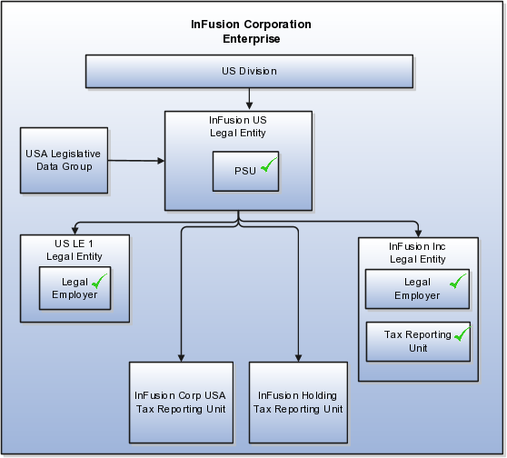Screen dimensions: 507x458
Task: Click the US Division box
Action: click(249, 71)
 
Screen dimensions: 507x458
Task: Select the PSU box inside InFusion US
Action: click(245, 171)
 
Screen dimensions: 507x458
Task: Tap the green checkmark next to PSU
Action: click(269, 165)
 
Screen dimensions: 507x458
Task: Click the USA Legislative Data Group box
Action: click(64, 161)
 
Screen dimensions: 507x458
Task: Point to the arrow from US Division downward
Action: click(249, 99)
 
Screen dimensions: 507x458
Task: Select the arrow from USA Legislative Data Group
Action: click(136, 161)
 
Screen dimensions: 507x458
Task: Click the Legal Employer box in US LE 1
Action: click(75, 288)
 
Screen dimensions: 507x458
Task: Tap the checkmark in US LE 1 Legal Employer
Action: click(99, 281)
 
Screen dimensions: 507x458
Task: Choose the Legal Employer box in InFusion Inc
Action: click(417, 289)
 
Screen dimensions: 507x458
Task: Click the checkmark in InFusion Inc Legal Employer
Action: click(458, 281)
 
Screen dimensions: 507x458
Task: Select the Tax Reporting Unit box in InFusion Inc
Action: click(418, 342)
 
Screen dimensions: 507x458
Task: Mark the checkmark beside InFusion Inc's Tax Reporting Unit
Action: click(462, 334)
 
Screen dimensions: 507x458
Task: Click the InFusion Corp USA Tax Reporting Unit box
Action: click(182, 403)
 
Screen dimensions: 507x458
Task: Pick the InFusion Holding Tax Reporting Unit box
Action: click(298, 403)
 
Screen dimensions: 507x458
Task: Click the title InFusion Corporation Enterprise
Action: click(252, 32)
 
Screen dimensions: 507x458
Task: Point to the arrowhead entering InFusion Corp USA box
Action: click(182, 358)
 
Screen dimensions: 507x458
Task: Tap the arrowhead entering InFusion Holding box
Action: click(298, 358)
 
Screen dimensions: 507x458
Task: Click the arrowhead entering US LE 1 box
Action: click(75, 231)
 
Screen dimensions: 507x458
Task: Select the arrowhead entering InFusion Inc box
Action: click(418, 234)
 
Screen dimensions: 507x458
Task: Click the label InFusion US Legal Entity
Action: click(238, 126)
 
